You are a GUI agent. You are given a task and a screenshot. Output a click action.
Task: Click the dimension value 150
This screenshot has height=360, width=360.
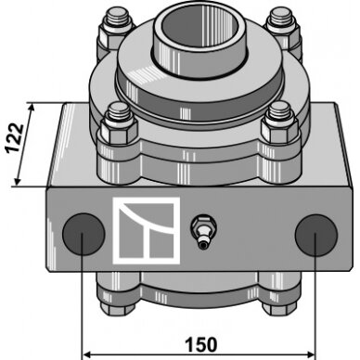point(201,345)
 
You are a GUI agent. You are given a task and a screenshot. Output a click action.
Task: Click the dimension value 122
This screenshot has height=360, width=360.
point(14,137)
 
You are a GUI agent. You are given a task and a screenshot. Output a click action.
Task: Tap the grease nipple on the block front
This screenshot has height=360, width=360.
point(203,231)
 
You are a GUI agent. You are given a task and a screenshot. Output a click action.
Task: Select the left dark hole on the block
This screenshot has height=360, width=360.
point(84,234)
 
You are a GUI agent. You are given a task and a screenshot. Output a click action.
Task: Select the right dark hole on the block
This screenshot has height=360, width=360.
point(316,236)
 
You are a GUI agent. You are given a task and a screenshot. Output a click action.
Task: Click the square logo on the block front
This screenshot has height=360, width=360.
point(147,231)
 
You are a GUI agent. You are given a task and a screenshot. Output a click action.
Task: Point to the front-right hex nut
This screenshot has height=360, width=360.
point(280,131)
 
